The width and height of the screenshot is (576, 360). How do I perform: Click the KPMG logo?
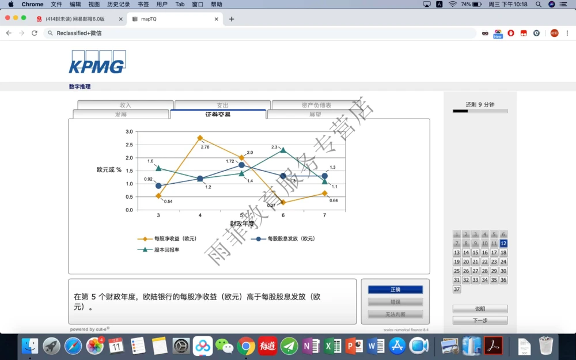[97, 62]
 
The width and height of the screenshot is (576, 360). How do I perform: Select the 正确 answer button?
[395, 290]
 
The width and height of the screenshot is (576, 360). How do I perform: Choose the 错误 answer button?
[395, 302]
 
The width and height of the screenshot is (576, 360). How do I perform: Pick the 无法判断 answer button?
[395, 314]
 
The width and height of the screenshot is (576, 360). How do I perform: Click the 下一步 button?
[480, 320]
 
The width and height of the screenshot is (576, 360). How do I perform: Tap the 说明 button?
[480, 309]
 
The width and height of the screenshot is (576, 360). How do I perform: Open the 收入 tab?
[125, 105]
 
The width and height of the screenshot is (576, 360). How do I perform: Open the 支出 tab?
[222, 105]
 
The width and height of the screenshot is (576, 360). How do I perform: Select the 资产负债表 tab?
[316, 105]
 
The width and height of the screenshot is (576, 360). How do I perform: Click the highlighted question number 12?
[503, 244]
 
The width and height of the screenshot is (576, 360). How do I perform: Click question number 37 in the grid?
[457, 289]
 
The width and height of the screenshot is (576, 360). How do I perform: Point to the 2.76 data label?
[205, 147]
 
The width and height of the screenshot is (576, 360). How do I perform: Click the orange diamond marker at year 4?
[200, 138]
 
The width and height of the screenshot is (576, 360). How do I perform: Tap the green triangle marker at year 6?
[283, 150]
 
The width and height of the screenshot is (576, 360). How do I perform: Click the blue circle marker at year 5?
[241, 165]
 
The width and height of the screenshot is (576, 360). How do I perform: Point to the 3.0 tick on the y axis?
[129, 132]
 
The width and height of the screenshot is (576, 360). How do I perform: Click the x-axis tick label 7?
[324, 215]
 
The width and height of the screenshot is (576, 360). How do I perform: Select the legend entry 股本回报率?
[166, 250]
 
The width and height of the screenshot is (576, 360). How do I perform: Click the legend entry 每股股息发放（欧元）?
[291, 238]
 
